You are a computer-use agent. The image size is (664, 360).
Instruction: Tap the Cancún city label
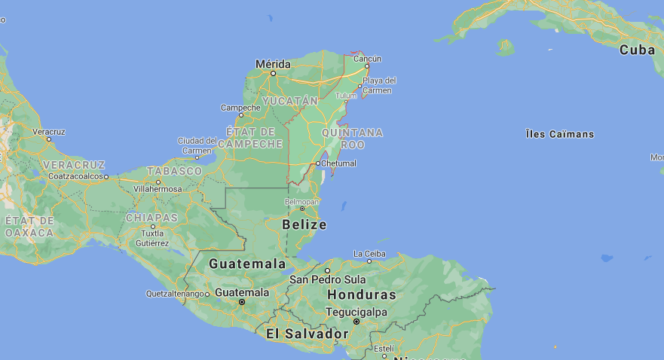pyautogui.click(x=368, y=58)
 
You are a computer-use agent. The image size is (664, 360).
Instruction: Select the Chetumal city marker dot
pyautogui.click(x=318, y=163)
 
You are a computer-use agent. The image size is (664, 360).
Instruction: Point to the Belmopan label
pyautogui.click(x=302, y=202)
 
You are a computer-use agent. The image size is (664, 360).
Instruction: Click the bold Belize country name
pyautogui.click(x=304, y=224)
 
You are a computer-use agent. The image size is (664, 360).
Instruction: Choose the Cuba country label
pyautogui.click(x=637, y=50)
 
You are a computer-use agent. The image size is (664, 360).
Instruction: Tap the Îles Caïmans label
pyautogui.click(x=559, y=134)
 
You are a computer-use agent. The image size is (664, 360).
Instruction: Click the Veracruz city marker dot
pyautogui.click(x=49, y=139)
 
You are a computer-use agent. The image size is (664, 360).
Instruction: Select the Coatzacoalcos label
pyautogui.click(x=74, y=176)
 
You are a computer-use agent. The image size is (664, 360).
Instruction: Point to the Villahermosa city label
pyautogui.click(x=158, y=188)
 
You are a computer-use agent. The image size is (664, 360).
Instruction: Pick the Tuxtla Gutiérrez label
pyautogui.click(x=153, y=238)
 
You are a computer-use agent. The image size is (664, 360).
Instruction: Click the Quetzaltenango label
pyautogui.click(x=176, y=293)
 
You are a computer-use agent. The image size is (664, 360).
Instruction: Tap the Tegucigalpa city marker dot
pyautogui.click(x=356, y=321)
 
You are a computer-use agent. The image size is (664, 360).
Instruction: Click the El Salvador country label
pyautogui.click(x=307, y=333)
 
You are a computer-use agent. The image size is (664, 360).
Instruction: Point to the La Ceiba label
pyautogui.click(x=369, y=253)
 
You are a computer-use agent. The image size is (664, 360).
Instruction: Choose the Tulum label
pyautogui.click(x=346, y=96)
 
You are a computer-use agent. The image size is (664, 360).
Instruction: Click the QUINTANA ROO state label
pyautogui.click(x=352, y=138)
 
